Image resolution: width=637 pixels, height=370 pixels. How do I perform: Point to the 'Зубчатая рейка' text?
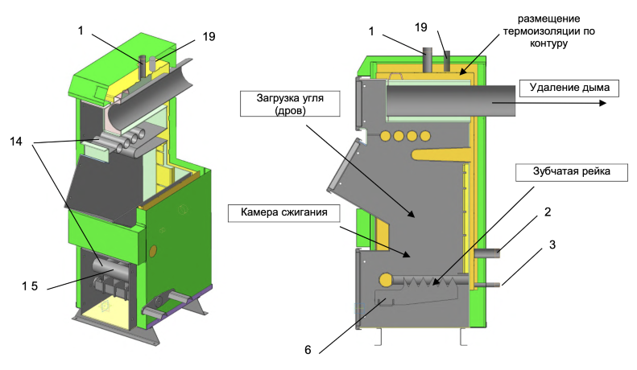(555, 171)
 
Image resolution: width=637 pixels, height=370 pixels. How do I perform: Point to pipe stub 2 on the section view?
(487, 253)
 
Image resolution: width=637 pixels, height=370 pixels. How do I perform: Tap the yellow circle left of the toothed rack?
(385, 280)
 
